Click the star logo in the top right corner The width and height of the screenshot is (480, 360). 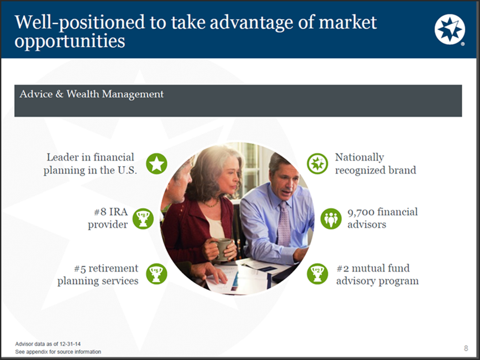[x=449, y=29]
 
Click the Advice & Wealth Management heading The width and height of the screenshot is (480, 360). [x=91, y=94]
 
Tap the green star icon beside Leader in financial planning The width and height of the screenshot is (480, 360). [x=156, y=164]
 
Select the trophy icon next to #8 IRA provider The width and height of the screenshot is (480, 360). [x=143, y=218]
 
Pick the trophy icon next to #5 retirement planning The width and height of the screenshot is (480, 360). [x=156, y=274]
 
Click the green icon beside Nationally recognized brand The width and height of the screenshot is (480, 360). [x=317, y=164]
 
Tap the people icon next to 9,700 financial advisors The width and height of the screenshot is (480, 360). [x=331, y=218]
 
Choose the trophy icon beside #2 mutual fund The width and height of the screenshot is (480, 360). [x=317, y=274]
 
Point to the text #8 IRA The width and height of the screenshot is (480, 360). [x=108, y=212]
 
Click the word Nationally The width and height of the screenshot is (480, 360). [x=359, y=158]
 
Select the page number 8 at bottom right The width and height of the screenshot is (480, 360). [x=465, y=348]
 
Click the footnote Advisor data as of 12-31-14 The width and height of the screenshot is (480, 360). [x=48, y=344]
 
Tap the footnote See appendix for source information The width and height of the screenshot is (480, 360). [x=58, y=352]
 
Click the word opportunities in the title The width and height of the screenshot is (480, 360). [x=70, y=41]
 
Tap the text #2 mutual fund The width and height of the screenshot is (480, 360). [x=373, y=268]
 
